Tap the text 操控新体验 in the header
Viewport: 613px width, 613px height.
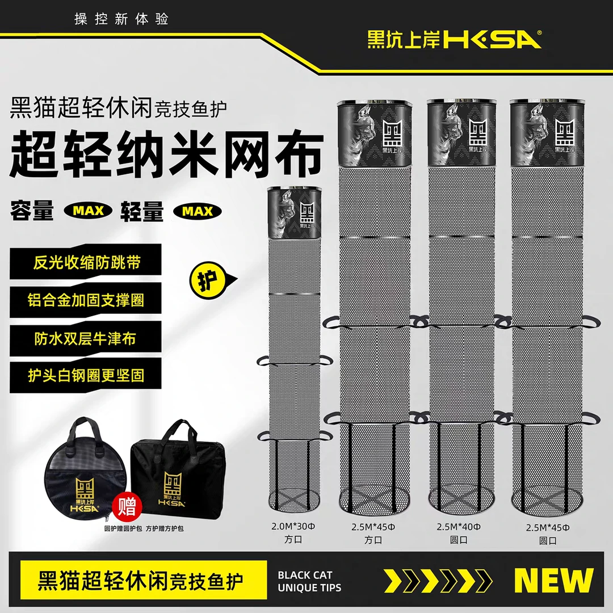(x=121, y=19)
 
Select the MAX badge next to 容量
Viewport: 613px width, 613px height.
(x=87, y=211)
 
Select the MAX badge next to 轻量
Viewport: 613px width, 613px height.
(x=198, y=211)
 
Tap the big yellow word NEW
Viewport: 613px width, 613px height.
(x=553, y=580)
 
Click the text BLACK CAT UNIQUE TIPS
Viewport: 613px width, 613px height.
(x=310, y=581)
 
